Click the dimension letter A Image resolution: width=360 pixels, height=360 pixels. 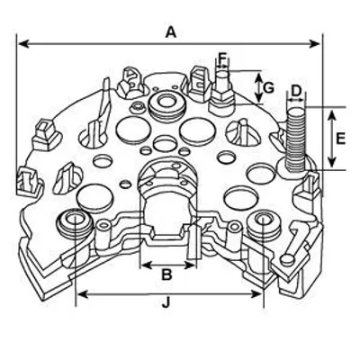pos(171,32)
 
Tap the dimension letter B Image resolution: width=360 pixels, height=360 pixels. pos(166,274)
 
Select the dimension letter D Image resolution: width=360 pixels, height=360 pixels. pos(296,91)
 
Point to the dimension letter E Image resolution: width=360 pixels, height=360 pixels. pos(341,139)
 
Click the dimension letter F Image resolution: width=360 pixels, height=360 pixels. pos(222,58)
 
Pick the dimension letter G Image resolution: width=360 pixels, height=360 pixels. pos(269,88)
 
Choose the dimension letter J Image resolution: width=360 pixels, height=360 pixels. pos(166,302)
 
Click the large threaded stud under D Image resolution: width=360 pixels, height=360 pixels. pos(296,140)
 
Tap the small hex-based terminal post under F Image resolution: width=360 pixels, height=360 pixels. pos(223,92)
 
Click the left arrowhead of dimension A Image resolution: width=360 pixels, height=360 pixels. pos(23,44)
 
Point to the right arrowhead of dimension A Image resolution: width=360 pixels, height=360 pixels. pos(315,44)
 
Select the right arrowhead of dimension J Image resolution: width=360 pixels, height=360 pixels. pos(256,294)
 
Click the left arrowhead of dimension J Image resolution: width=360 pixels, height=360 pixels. pos(82,294)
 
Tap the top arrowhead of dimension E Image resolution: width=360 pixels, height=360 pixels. pos(331,115)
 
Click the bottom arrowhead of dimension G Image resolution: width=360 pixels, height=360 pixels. pos(258,97)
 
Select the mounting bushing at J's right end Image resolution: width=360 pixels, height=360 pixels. pos(262,222)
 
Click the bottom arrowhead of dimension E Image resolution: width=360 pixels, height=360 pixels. pos(331,162)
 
